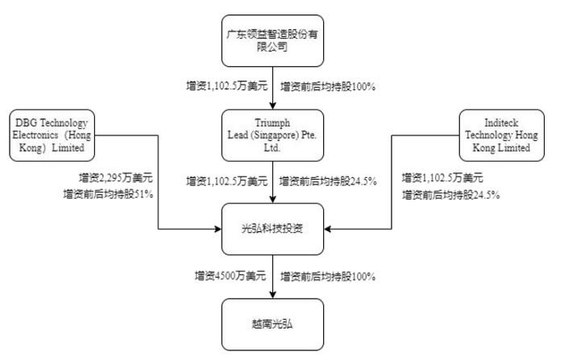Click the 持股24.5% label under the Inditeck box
coord(450,195)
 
